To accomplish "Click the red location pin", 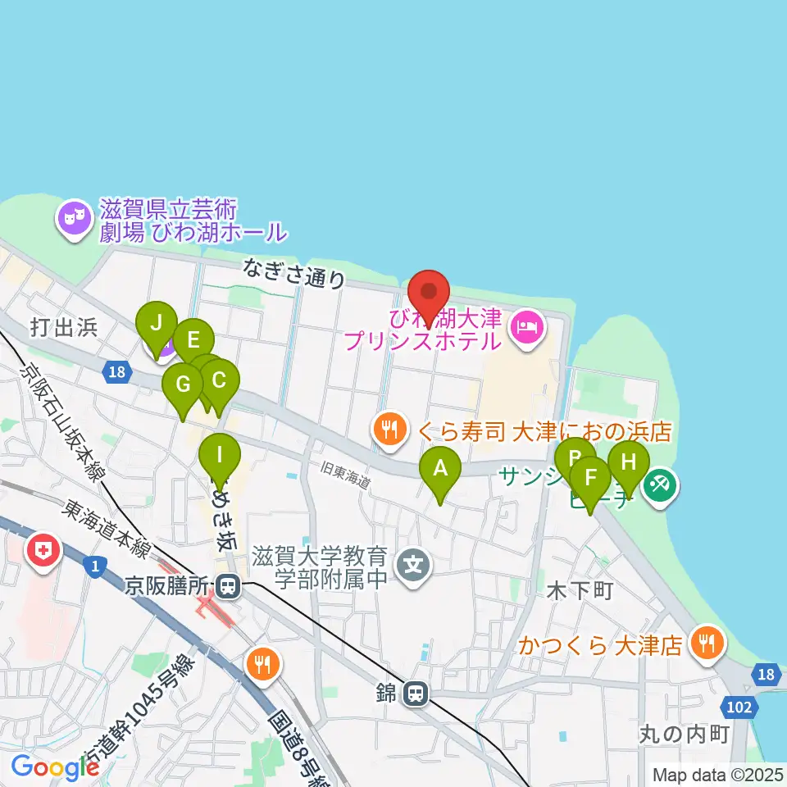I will coord(429,298).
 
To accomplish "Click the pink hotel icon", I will coord(524,328).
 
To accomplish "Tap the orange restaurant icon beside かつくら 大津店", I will coord(705,644).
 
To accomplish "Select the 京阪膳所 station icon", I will coord(228,587).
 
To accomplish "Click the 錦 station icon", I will coord(416,694).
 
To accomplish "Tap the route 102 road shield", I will coord(738,707).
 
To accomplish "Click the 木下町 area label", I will coord(580,591).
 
